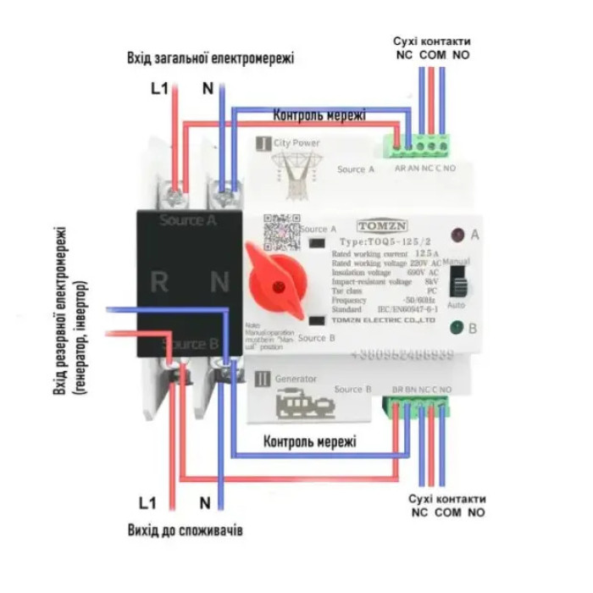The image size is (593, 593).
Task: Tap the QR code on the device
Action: pos(281,231)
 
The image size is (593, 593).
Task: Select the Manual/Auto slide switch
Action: pos(457,281)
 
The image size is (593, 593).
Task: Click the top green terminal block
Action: pos(421,147)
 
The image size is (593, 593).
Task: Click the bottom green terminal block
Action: pos(421,411)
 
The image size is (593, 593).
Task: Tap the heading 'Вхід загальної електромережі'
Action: pos(210,58)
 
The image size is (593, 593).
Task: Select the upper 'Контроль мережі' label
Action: pos(319,114)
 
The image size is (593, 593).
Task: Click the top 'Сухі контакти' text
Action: pos(432,41)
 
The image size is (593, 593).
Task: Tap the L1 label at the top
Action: pos(160,87)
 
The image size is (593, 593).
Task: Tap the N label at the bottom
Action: pos(204,502)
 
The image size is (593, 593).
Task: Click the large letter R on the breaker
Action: pos(158,281)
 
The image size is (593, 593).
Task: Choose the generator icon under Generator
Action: pos(306,405)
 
